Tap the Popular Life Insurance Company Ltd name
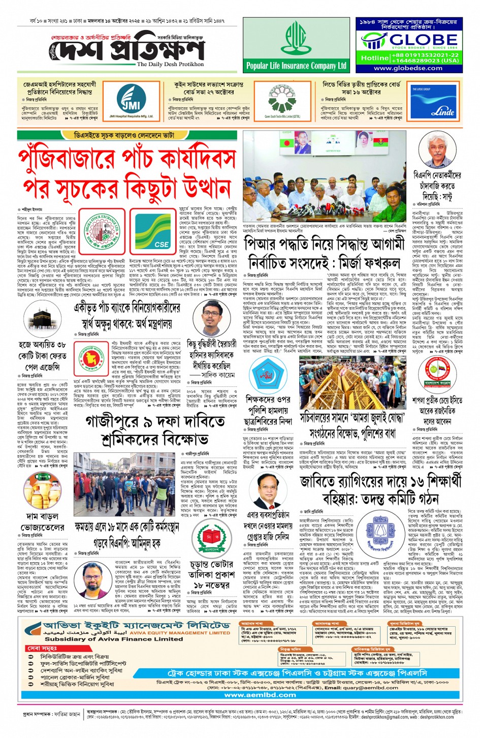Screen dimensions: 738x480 pos(296,66)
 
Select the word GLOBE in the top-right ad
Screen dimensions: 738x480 pos(423,40)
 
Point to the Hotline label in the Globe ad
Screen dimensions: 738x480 pos(374,58)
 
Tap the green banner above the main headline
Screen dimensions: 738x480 pos(123,136)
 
